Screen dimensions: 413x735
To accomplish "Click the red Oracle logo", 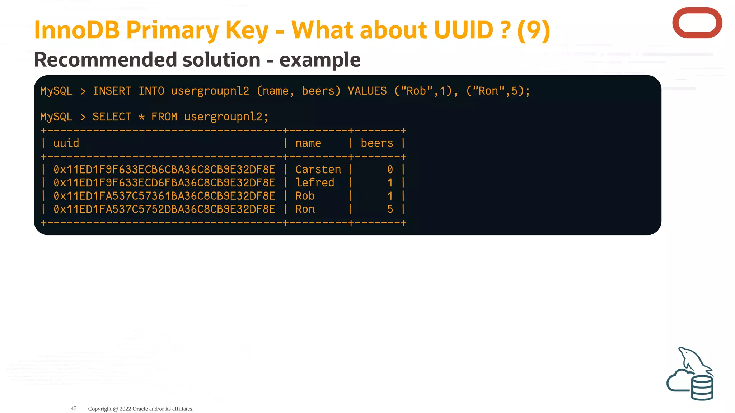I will [x=697, y=23].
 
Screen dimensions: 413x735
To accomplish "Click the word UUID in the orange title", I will [x=463, y=30].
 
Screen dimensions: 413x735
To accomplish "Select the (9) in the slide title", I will [x=534, y=30].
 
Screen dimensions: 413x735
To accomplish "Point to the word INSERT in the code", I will [x=112, y=91].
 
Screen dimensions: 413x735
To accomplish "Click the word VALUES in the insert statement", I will [x=367, y=91].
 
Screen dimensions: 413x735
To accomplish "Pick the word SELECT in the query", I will [x=112, y=117].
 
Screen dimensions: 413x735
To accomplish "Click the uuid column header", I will [x=66, y=143].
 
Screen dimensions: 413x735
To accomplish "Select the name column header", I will [x=308, y=143].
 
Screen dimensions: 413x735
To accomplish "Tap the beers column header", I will [x=377, y=143].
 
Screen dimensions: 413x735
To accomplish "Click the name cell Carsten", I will [x=318, y=169].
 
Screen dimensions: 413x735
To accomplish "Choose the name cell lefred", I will [x=315, y=182].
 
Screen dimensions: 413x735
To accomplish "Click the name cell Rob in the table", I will [x=305, y=196].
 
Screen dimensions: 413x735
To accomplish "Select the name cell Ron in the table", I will [x=305, y=209].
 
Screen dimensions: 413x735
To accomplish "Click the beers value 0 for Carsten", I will [x=390, y=169].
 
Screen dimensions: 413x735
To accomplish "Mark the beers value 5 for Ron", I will [x=390, y=209].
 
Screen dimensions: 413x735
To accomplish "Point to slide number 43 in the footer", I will [x=74, y=408].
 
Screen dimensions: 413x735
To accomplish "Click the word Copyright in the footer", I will [x=100, y=409].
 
